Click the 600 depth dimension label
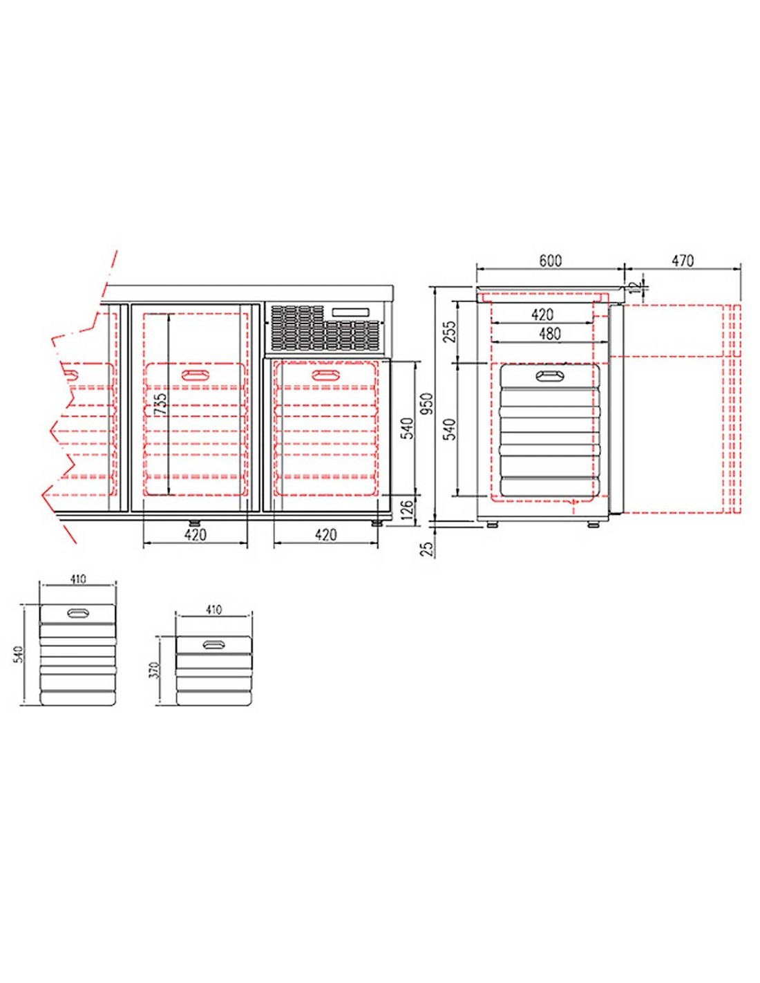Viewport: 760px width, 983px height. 550,261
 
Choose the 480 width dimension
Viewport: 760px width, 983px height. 549,334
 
